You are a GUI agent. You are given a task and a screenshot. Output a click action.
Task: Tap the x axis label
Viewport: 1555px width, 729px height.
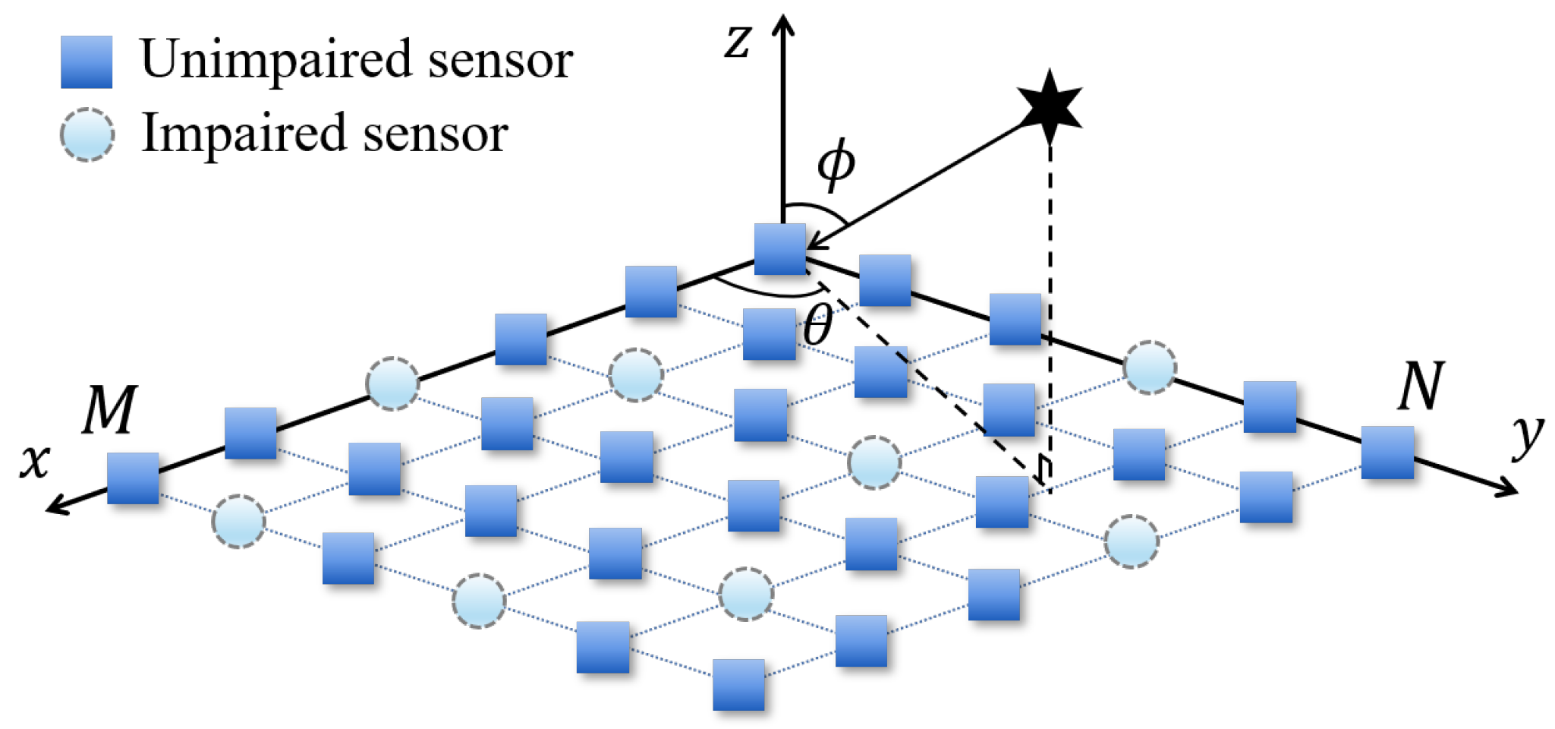click(x=35, y=461)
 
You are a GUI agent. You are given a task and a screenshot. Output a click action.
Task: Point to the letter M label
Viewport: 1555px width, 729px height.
click(x=110, y=409)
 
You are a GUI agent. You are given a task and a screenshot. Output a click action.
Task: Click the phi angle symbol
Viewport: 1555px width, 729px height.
click(x=836, y=165)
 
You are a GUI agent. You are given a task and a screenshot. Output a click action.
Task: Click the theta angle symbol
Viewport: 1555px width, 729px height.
click(x=817, y=325)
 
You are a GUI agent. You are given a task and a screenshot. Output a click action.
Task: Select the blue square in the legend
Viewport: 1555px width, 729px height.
click(x=87, y=62)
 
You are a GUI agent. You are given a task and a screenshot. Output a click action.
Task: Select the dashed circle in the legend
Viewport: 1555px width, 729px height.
click(x=87, y=134)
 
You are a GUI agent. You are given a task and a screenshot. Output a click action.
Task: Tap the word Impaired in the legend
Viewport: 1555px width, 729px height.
click(x=243, y=133)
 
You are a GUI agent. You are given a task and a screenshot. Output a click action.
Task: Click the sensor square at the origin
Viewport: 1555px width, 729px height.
click(x=780, y=249)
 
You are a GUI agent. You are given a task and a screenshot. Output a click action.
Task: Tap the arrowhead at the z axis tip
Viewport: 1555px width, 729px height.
click(x=782, y=23)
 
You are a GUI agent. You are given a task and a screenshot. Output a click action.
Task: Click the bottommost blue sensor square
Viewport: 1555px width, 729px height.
click(x=738, y=684)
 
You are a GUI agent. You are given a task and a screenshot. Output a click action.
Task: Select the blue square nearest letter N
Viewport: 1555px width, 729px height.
click(x=1387, y=452)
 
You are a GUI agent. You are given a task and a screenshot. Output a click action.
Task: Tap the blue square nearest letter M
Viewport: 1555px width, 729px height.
click(x=133, y=478)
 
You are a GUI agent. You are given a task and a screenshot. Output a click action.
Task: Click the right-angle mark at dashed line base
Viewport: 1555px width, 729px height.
click(x=1045, y=471)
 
